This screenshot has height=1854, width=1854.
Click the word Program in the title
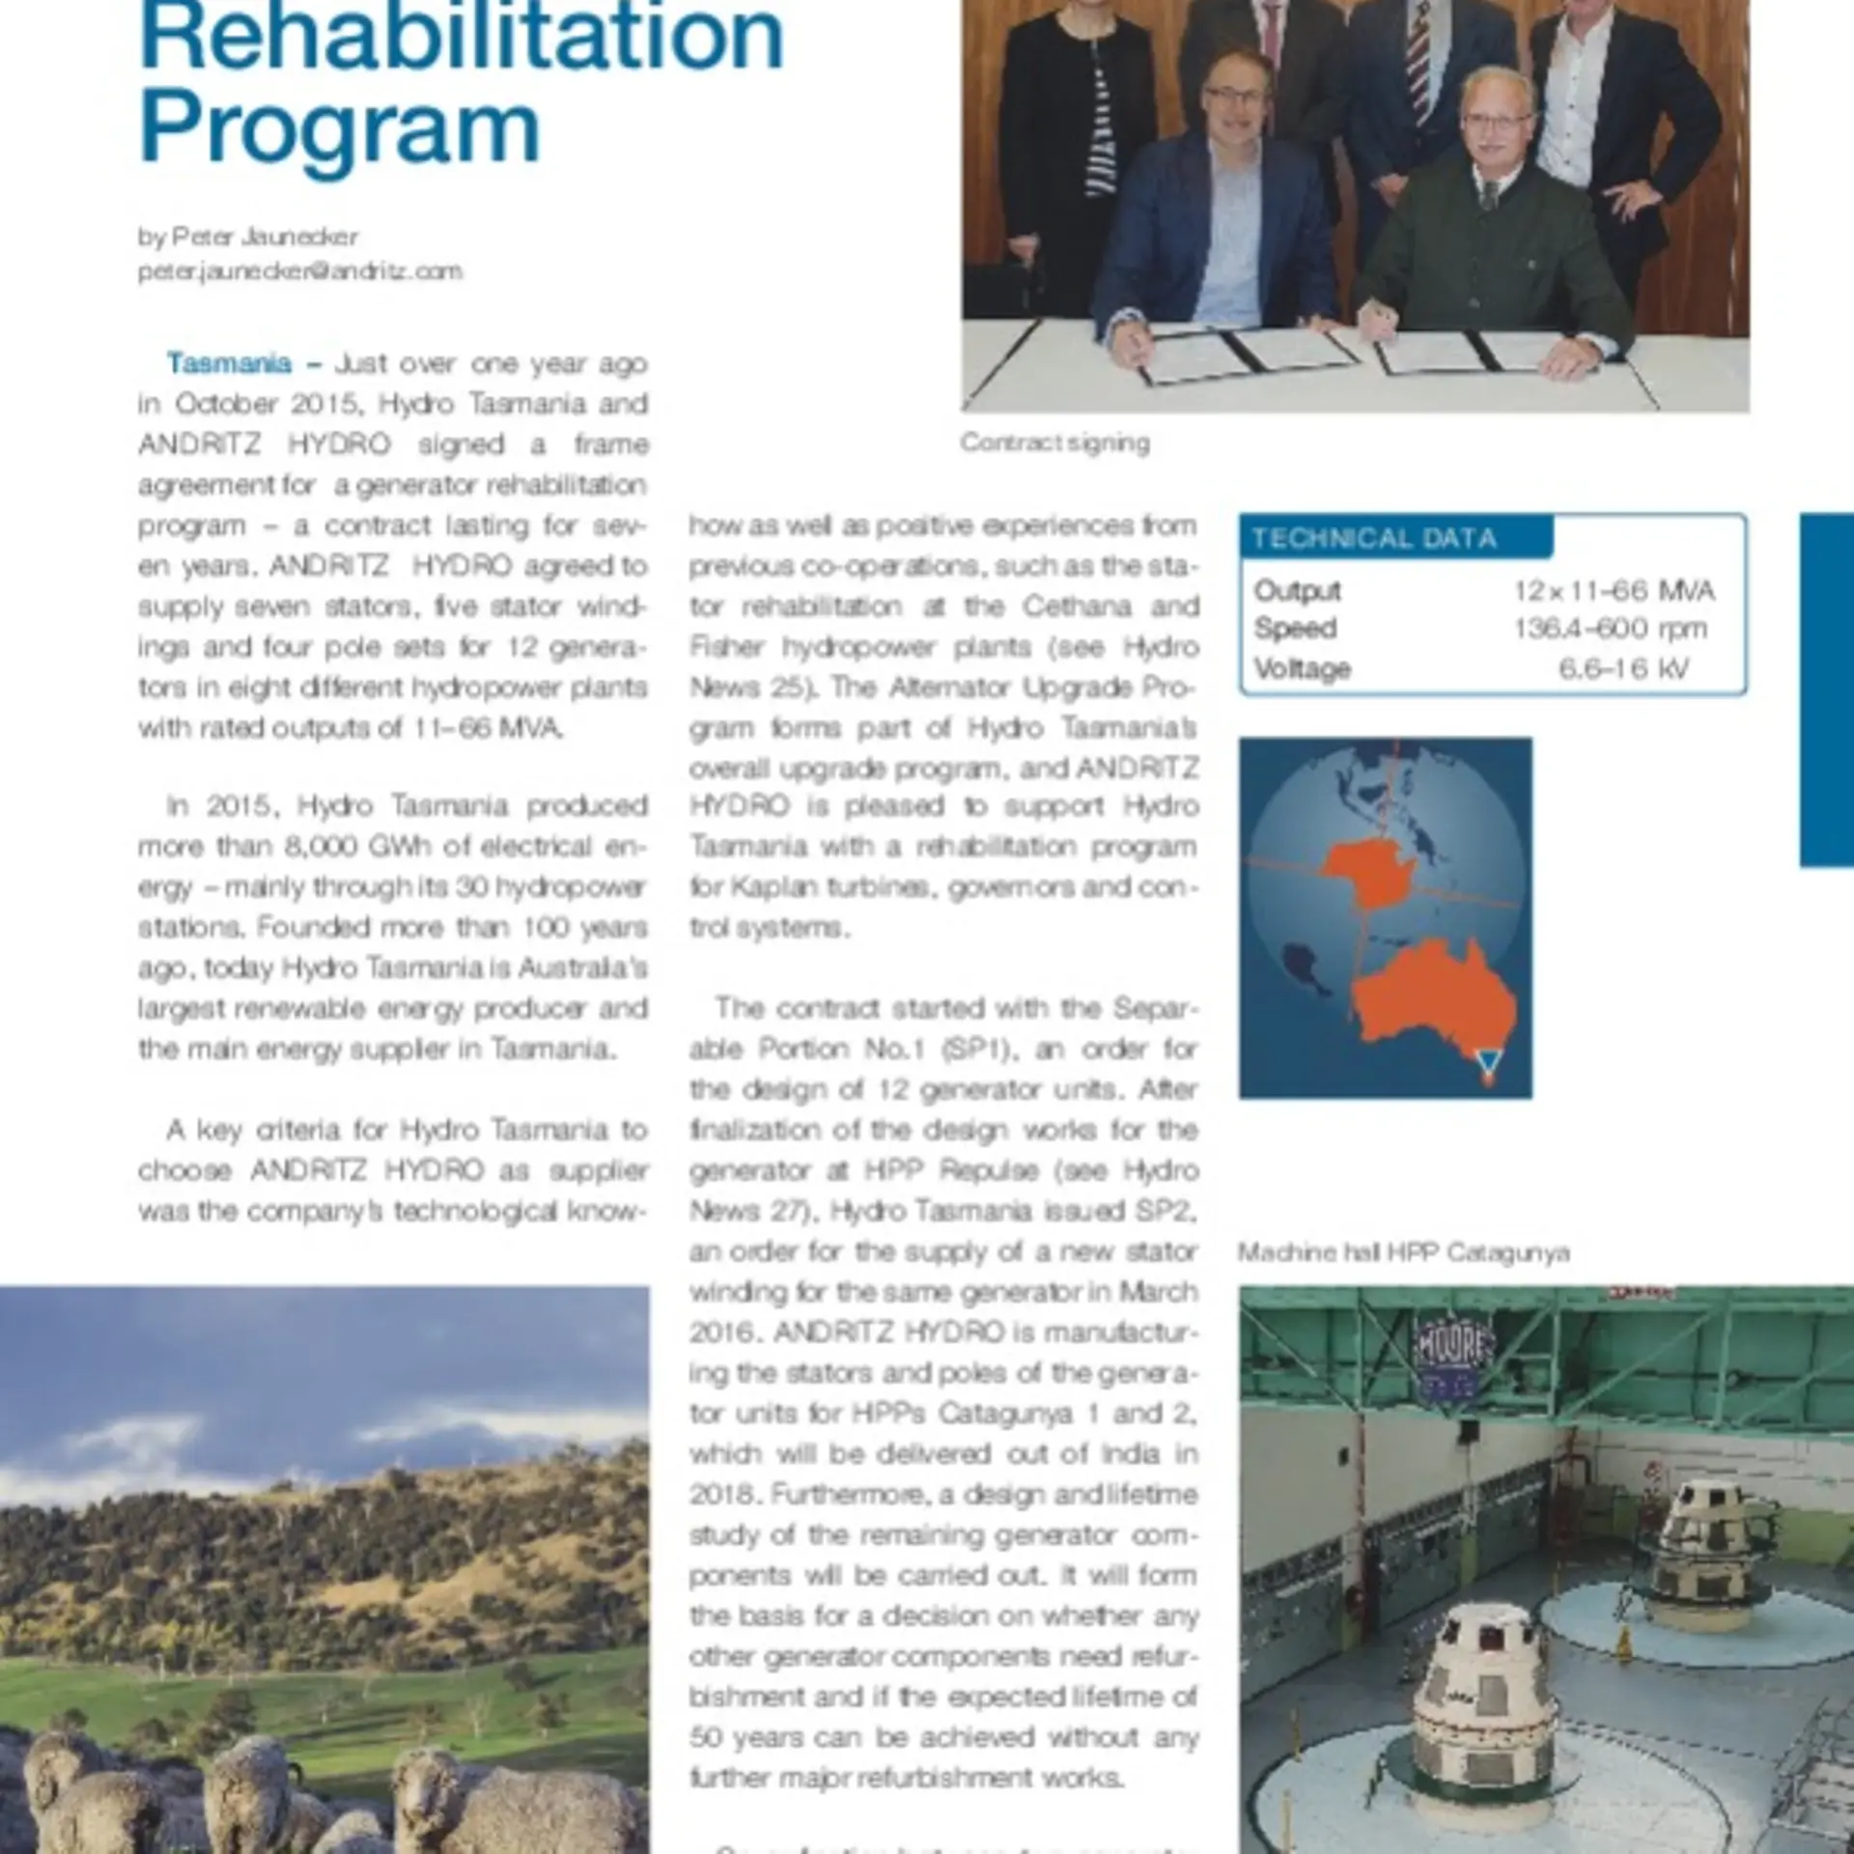pyautogui.click(x=340, y=131)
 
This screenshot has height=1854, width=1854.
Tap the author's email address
pyautogui.click(x=299, y=271)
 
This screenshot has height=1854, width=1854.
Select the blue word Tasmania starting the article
pyautogui.click(x=229, y=363)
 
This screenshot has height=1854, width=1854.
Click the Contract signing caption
pyautogui.click(x=1054, y=442)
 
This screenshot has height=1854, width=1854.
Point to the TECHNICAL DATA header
pyautogui.click(x=1373, y=538)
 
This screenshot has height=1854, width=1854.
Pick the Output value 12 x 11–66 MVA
pyautogui.click(x=1614, y=590)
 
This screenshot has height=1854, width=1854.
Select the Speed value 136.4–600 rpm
pyautogui.click(x=1610, y=629)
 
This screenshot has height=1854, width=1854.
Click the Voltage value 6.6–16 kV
pyautogui.click(x=1623, y=668)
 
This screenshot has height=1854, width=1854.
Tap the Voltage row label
pyautogui.click(x=1302, y=668)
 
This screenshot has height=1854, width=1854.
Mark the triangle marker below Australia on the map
pyautogui.click(x=1489, y=1061)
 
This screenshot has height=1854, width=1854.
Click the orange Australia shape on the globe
pyautogui.click(x=1429, y=1004)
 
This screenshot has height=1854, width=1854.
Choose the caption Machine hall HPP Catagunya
pyautogui.click(x=1403, y=1252)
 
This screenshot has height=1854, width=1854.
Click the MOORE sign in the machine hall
pyautogui.click(x=1453, y=1346)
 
